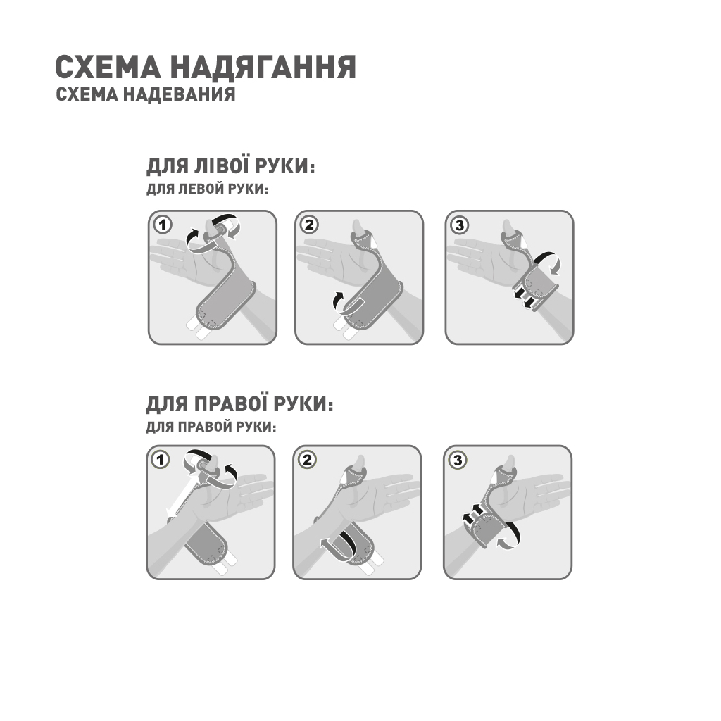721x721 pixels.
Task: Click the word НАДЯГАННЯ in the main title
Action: [x=263, y=68]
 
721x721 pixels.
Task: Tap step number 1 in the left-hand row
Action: [x=163, y=225]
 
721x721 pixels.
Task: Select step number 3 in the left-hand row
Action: [x=460, y=225]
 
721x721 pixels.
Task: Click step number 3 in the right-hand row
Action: [x=458, y=460]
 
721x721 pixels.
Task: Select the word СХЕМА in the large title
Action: [x=108, y=68]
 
